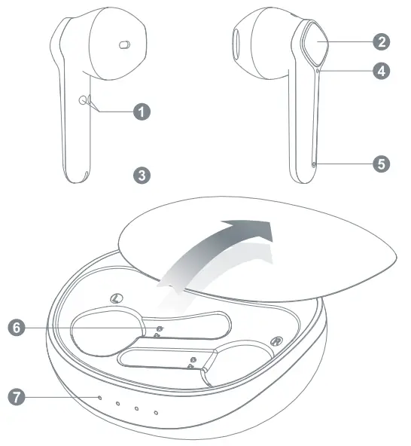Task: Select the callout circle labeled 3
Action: click(141, 174)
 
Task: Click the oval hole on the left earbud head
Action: click(124, 45)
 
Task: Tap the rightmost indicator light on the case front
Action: click(155, 412)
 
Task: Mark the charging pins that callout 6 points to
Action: click(157, 332)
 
